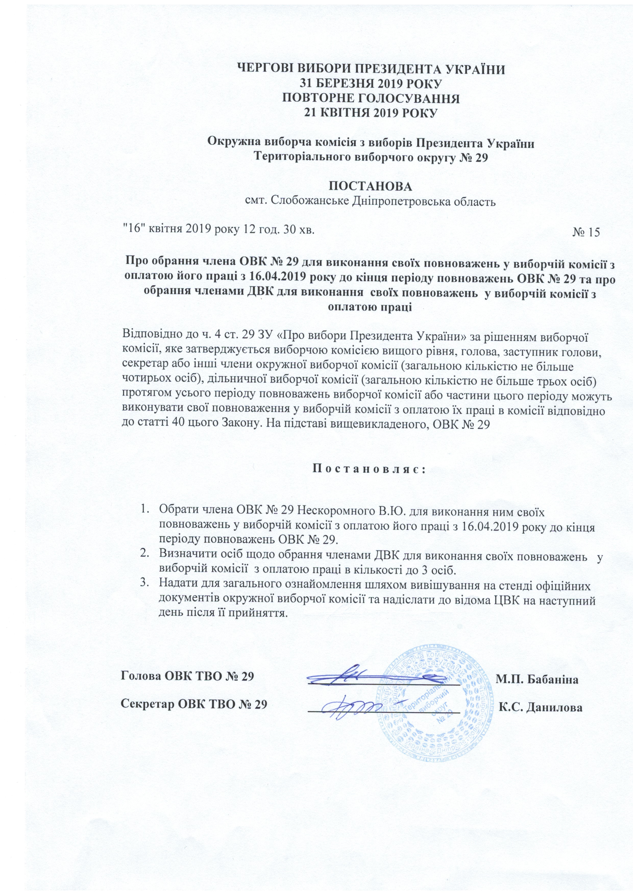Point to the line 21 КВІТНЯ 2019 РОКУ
point(370,113)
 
